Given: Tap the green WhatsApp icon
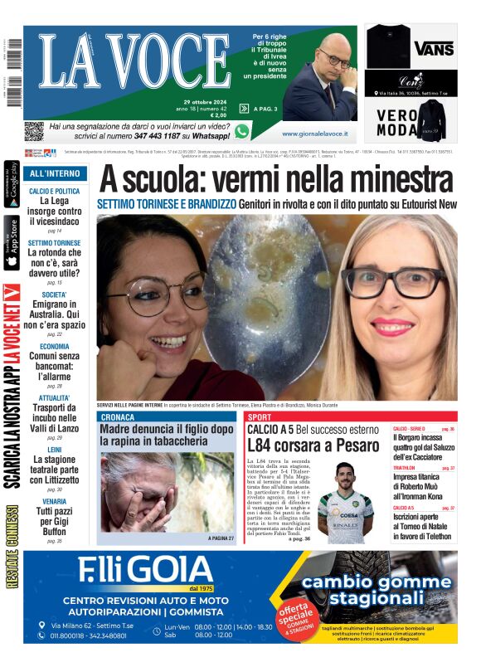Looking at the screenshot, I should click(x=241, y=130).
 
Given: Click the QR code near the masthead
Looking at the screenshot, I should click(x=33, y=130).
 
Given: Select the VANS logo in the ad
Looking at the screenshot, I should click(x=433, y=49).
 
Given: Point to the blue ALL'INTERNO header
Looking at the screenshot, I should click(x=55, y=174).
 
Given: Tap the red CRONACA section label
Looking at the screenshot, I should click(x=119, y=416).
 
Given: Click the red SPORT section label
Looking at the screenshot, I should click(x=260, y=416).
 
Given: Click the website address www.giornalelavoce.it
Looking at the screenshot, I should click(x=314, y=133).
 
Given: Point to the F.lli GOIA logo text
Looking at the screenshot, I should click(x=146, y=572).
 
